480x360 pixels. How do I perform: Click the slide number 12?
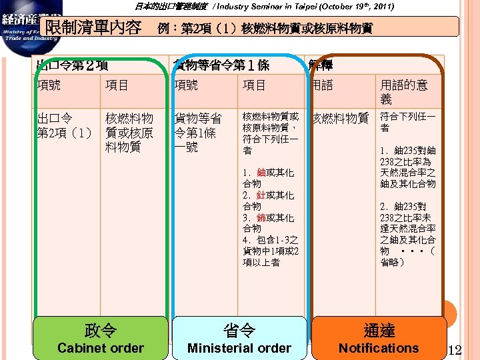coord(456,349)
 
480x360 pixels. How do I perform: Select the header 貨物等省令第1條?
coord(221,65)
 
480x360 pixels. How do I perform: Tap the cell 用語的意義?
coord(403,92)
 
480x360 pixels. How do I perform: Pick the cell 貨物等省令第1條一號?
coord(197,132)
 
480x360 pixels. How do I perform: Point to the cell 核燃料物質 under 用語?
coord(340,118)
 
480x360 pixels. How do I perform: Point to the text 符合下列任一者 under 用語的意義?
coord(407,121)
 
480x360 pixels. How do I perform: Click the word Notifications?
coord(379,348)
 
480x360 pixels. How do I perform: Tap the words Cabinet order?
coord(100,348)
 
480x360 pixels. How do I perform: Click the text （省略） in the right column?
coord(407,257)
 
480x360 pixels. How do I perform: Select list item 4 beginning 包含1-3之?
coord(270,251)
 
